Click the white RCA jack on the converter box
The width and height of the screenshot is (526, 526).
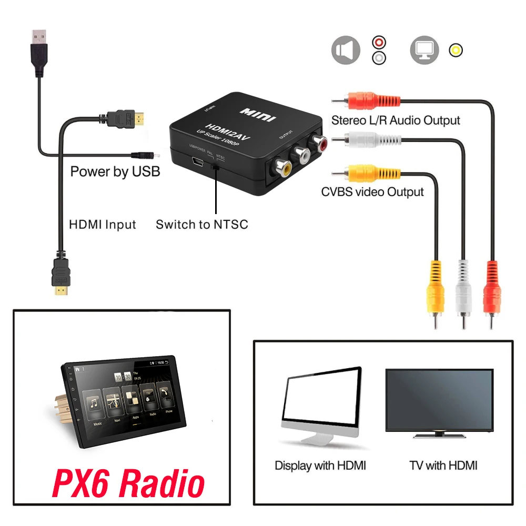click(x=302, y=155)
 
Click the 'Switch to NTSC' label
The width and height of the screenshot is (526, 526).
click(x=201, y=225)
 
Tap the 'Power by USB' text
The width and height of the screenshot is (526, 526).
click(x=115, y=171)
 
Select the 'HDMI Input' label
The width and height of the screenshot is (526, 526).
click(x=103, y=225)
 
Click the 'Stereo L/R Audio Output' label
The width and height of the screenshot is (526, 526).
click(x=396, y=120)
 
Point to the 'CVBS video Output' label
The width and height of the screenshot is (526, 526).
click(x=372, y=191)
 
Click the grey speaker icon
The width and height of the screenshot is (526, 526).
click(x=346, y=50)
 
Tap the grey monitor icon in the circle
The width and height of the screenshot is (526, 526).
click(x=424, y=50)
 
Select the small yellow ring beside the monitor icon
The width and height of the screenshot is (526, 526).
click(x=456, y=50)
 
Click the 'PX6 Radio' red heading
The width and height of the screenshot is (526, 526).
click(x=128, y=484)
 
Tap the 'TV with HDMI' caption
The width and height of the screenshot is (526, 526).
click(x=443, y=466)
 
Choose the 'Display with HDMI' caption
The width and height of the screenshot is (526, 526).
click(x=320, y=466)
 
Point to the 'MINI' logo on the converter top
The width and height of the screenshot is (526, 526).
click(x=258, y=114)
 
